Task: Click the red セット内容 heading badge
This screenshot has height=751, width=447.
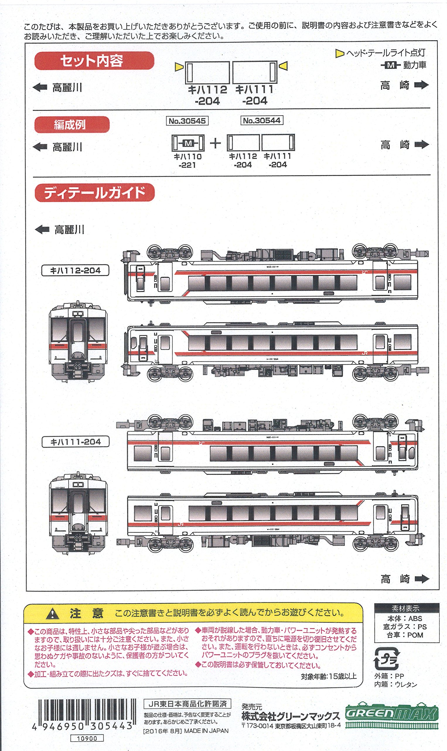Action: [x=94, y=61]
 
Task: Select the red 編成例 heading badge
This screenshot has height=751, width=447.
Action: [x=72, y=125]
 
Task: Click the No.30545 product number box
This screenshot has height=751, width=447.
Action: [x=187, y=121]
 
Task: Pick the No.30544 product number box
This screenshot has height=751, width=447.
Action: [x=262, y=121]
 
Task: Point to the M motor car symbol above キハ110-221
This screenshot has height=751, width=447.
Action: [x=188, y=143]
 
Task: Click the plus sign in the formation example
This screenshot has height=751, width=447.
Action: [x=215, y=143]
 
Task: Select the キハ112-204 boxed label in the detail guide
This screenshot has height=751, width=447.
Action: [x=75, y=270]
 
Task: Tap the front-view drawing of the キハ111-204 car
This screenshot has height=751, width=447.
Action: [x=78, y=513]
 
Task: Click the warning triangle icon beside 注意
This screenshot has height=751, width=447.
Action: [x=53, y=613]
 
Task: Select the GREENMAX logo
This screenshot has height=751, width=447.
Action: [x=391, y=714]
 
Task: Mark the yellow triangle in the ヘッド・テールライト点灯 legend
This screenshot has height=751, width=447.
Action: [x=339, y=54]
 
